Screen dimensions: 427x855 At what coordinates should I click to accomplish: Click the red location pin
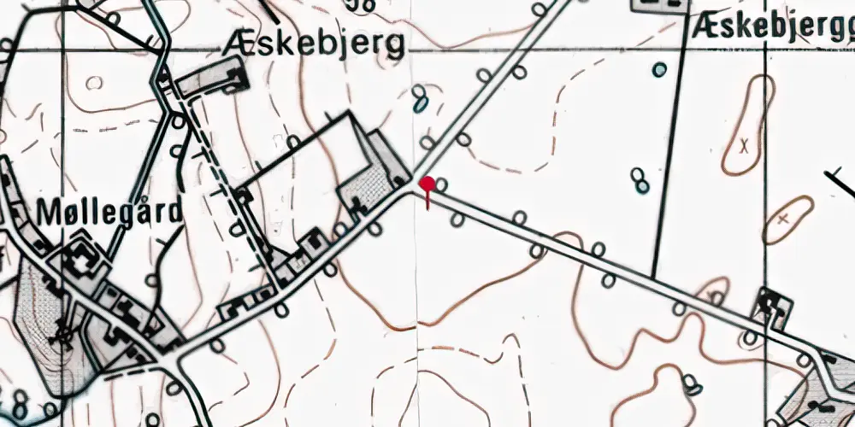(x=427, y=184)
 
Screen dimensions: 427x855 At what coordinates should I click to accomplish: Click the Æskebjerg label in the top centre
(x=313, y=45)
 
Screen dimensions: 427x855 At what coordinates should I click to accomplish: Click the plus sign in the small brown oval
(x=783, y=219)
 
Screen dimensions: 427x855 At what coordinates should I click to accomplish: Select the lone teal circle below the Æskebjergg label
(x=659, y=70)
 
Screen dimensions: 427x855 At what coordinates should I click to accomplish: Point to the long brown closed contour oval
(x=749, y=126)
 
